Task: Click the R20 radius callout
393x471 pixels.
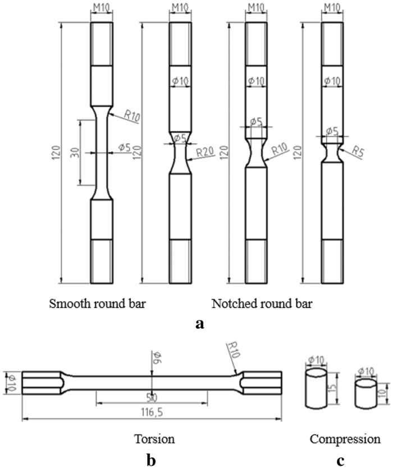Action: coord(204,152)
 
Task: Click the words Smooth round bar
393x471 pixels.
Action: coord(98,305)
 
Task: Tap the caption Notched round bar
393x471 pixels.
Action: coord(262,305)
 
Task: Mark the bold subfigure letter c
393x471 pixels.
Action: coord(340,460)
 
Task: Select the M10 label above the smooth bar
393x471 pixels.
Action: coord(102,8)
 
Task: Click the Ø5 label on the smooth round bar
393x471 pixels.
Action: coord(125,148)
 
